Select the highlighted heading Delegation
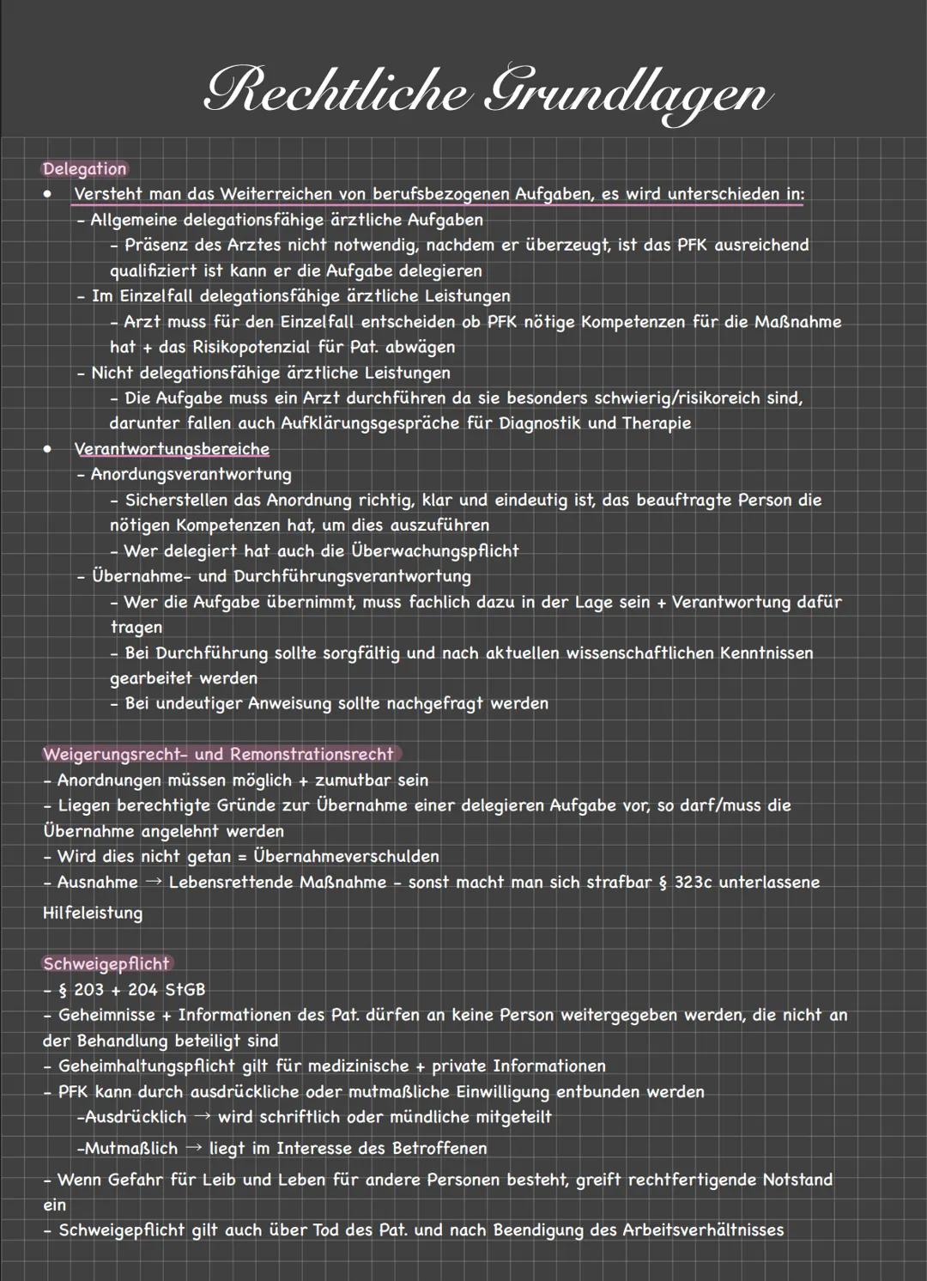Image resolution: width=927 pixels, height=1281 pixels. [x=85, y=169]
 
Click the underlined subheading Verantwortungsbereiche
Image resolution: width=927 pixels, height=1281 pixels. [x=172, y=449]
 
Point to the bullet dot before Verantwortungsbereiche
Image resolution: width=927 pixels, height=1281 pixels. [x=49, y=449]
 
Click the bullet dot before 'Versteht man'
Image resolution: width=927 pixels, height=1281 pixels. [x=49, y=194]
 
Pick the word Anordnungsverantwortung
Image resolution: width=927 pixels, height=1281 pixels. [x=191, y=475]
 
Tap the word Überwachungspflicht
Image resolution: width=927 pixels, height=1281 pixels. [x=435, y=551]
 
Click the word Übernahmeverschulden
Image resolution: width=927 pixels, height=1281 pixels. [x=347, y=857]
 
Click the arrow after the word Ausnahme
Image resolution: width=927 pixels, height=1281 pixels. [x=154, y=883]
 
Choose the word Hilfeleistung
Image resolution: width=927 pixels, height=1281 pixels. [x=93, y=913]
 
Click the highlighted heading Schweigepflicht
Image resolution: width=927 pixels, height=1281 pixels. [x=106, y=964]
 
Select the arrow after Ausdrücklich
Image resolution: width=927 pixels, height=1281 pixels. [x=202, y=1117]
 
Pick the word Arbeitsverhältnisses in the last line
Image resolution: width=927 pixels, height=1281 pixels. [x=703, y=1230]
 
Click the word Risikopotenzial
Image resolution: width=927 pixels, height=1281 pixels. [x=267, y=348]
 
